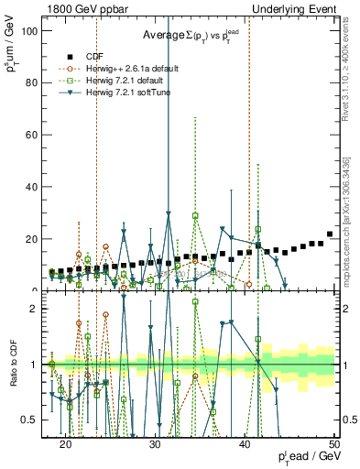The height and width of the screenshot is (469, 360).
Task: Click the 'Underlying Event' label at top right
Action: pyautogui.click(x=296, y=8)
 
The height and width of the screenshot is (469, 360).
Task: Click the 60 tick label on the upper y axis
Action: pyautogui.click(x=36, y=135)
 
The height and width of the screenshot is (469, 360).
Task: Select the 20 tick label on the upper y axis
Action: pyautogui.click(x=36, y=239)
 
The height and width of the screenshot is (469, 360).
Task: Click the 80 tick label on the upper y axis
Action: pyautogui.click(x=36, y=82)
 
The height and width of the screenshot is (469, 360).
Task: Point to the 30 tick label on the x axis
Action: pyautogui.click(x=155, y=442)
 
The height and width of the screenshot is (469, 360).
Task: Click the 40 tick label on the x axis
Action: pyautogui.click(x=245, y=442)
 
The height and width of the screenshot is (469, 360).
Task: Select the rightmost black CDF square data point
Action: pyautogui.click(x=330, y=234)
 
